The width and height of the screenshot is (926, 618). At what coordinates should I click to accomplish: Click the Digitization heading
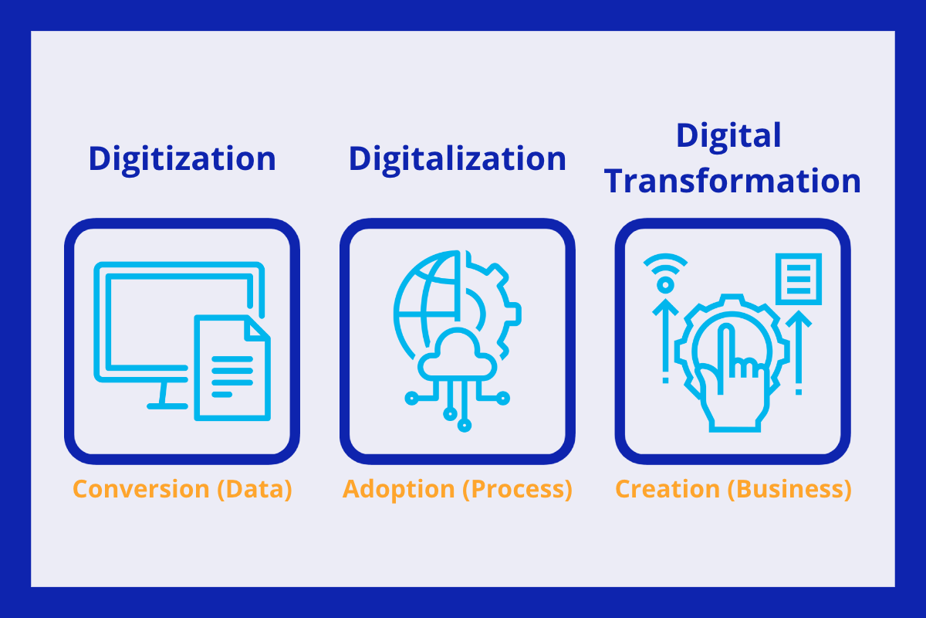tap(181, 158)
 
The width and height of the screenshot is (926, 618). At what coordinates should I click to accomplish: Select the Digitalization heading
tap(457, 158)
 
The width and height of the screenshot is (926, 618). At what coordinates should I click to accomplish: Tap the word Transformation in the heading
tap(732, 181)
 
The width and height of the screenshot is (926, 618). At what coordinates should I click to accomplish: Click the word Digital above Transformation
tap(728, 136)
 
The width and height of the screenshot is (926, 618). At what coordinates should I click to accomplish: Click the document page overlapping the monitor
tap(231, 367)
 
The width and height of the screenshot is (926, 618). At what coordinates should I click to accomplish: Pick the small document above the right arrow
tap(798, 279)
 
